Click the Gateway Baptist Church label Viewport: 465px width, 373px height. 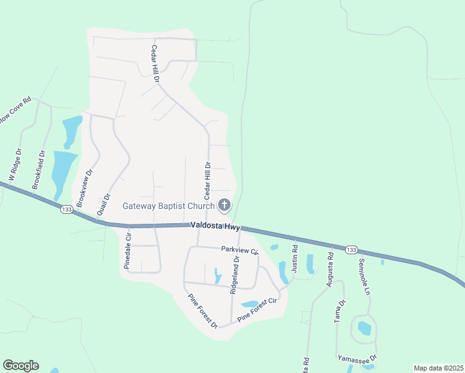(x=168, y=206)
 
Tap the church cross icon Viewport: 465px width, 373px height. (x=224, y=205)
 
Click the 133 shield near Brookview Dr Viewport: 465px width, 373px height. (x=66, y=210)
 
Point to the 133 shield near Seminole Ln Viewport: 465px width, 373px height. (x=351, y=249)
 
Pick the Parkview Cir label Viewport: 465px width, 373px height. (x=239, y=250)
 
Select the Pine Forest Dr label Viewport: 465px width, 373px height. (x=203, y=311)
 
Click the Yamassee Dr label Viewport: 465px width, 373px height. (x=357, y=359)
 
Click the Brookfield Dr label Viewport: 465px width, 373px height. (x=39, y=169)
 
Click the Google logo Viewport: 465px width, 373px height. (x=21, y=366)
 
